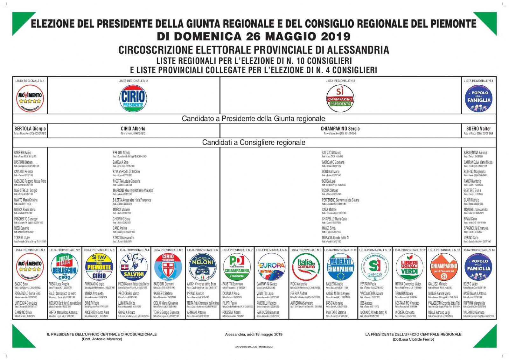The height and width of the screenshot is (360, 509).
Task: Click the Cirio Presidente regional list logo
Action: [x=133, y=98]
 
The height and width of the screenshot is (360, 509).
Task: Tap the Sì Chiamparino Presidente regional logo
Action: [x=340, y=98]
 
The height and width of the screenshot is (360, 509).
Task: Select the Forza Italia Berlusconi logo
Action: [x=64, y=267]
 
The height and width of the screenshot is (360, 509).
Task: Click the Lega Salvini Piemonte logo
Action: [x=134, y=267]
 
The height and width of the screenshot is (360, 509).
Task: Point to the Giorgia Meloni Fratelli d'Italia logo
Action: [x=202, y=267]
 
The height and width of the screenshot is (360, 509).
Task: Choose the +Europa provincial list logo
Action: [x=271, y=267]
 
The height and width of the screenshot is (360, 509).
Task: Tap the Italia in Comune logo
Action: [x=306, y=267]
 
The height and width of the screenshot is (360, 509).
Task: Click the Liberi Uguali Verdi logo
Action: [x=409, y=267]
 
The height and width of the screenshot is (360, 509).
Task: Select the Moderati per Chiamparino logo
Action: [x=340, y=267]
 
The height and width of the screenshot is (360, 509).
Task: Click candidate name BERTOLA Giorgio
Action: [x=30, y=129]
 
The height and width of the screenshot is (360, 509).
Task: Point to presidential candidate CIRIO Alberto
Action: [x=133, y=129]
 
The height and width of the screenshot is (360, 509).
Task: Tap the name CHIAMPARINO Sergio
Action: [x=340, y=129]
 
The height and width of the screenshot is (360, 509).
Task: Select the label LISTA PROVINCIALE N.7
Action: [x=237, y=250]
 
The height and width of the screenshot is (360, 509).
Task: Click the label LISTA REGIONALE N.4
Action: [x=478, y=81]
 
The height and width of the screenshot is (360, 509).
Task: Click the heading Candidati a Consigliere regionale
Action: [x=254, y=142]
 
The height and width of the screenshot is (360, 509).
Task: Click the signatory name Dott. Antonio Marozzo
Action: [x=102, y=339]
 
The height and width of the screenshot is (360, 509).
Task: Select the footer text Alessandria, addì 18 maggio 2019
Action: [x=254, y=334]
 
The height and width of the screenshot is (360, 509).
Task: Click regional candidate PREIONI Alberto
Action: [x=122, y=153]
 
